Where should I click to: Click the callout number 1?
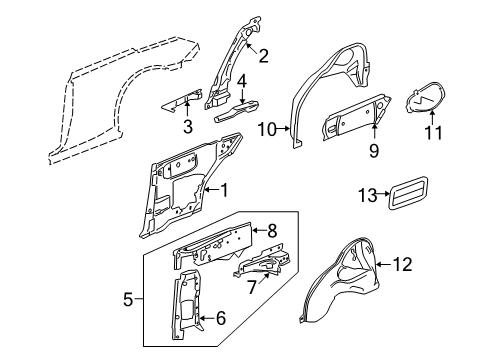(x=225, y=190)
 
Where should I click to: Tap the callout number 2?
(x=263, y=56)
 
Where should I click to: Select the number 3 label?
(x=188, y=127)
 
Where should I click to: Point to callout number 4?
(x=242, y=82)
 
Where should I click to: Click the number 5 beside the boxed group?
(x=128, y=299)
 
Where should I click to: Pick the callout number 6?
(x=221, y=318)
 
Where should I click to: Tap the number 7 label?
(x=252, y=286)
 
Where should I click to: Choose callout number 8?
(x=272, y=230)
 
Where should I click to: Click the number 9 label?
(x=374, y=150)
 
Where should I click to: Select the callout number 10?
(x=267, y=129)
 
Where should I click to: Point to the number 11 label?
(x=433, y=132)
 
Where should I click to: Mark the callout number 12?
(x=403, y=264)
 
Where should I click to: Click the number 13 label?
(x=368, y=195)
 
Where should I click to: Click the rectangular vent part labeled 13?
(x=408, y=193)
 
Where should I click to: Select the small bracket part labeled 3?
(x=182, y=100)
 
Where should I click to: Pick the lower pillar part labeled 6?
(x=187, y=305)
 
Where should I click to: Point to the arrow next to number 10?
(x=283, y=128)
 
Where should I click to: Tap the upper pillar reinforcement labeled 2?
(x=231, y=62)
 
